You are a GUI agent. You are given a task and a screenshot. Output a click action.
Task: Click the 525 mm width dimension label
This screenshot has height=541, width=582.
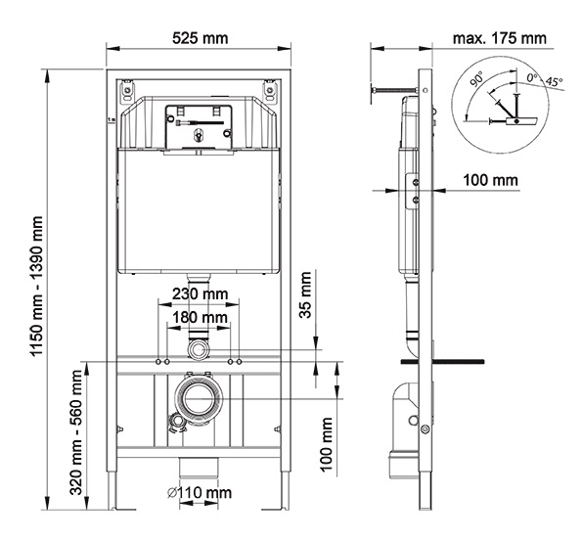201,38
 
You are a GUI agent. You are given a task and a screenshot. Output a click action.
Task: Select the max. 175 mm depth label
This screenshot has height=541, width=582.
500,38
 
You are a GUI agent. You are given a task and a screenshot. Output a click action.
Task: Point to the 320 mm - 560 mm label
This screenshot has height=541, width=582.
77,435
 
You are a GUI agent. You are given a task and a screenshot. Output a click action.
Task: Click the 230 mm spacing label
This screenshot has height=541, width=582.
201,293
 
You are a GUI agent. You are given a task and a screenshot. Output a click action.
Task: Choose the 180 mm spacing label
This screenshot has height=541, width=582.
201,318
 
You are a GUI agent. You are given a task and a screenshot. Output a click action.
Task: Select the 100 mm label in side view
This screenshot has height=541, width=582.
492,180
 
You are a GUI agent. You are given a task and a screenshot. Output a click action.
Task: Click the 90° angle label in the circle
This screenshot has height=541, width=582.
476,75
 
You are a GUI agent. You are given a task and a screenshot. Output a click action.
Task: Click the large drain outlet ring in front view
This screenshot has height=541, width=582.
200,399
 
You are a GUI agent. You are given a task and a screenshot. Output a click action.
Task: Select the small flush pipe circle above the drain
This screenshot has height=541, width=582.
200,348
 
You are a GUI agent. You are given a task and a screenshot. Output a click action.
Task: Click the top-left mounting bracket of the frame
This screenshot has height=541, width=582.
126,92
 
